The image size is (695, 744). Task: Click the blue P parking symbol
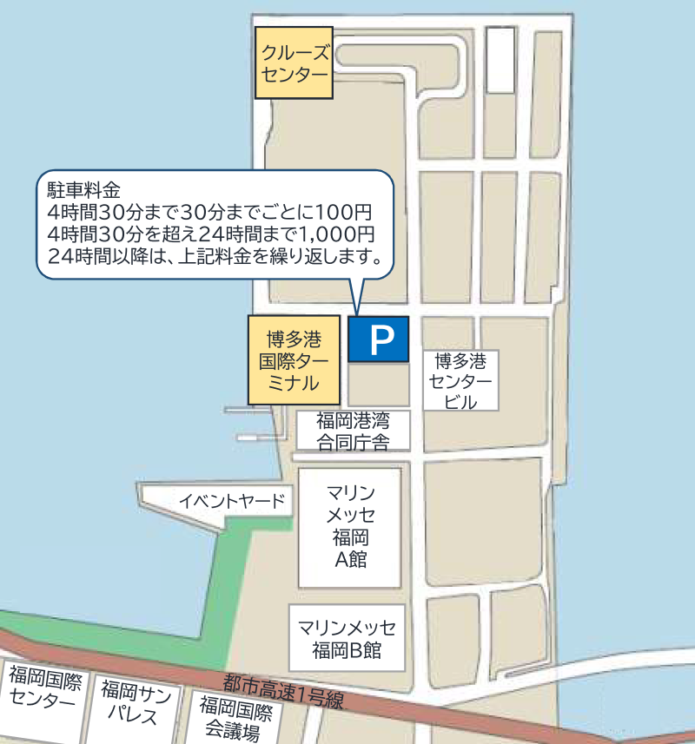coord(378,339)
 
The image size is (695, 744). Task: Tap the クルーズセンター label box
coord(295,63)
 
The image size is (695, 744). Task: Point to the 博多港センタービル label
coord(460,380)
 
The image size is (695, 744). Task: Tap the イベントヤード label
coord(232,501)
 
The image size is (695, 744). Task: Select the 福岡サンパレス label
coord(135,702)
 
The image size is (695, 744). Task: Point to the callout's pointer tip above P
coord(356,312)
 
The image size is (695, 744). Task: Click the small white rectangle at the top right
coord(500,60)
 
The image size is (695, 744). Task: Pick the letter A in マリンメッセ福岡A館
coord(341,559)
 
